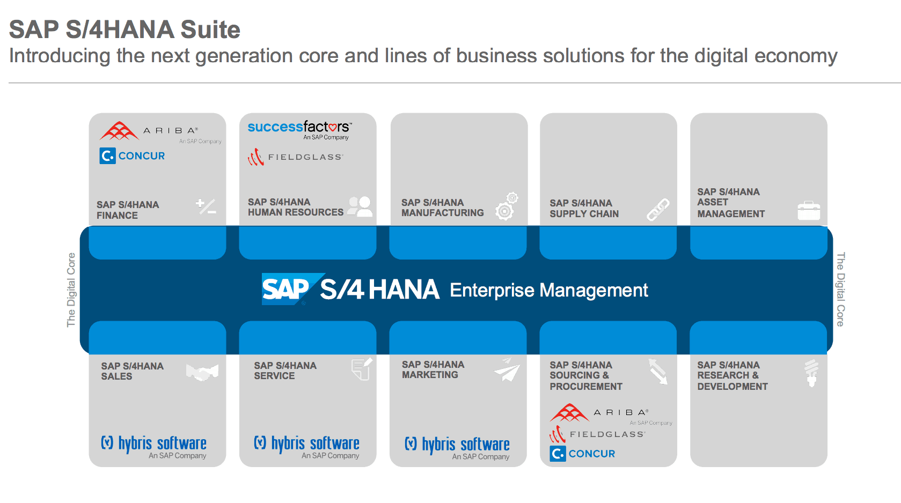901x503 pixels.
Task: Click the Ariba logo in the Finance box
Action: (160, 132)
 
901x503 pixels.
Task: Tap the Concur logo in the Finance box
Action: (133, 156)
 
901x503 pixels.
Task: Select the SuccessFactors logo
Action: (299, 130)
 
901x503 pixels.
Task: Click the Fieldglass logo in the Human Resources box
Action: (295, 157)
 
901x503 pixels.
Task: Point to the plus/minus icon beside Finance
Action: (206, 206)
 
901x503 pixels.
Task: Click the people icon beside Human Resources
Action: (360, 206)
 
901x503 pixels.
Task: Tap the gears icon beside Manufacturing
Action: (507, 206)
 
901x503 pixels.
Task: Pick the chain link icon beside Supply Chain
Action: (658, 210)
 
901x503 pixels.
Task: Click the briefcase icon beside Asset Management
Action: (809, 210)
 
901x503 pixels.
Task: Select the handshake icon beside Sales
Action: (202, 372)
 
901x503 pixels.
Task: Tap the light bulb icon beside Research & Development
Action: (811, 373)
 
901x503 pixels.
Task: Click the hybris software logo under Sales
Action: (153, 447)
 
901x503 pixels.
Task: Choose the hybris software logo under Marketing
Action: (457, 448)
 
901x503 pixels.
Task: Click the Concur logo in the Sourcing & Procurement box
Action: (582, 454)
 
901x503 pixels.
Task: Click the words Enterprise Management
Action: (549, 290)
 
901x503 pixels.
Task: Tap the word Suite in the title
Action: (210, 29)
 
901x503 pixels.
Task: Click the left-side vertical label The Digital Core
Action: (71, 290)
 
